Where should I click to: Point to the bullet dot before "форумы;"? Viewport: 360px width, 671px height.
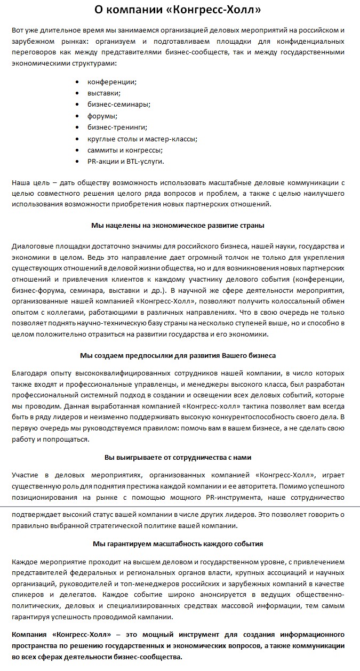(78, 116)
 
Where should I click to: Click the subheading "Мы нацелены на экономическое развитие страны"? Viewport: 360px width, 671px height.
(178, 225)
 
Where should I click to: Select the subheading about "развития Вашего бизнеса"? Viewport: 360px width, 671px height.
(178, 355)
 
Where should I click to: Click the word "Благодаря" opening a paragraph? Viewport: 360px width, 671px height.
(28, 373)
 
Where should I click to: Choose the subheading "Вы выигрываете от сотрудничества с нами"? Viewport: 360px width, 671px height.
(178, 457)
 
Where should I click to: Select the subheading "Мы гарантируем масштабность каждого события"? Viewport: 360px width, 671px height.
(178, 544)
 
